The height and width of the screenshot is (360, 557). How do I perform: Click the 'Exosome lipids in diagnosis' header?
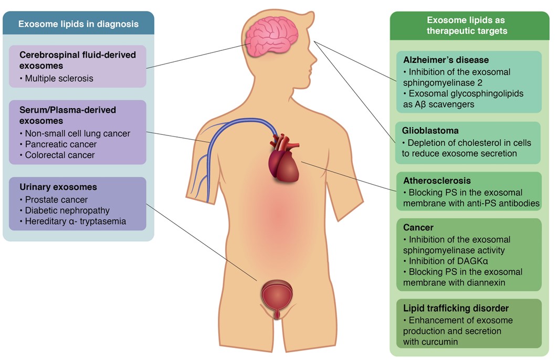pos(78,24)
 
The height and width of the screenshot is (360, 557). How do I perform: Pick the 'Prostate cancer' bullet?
pos(56,199)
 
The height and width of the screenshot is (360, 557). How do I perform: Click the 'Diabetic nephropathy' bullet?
pos(67,210)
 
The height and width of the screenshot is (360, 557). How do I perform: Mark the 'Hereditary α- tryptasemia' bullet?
pos(76,221)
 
